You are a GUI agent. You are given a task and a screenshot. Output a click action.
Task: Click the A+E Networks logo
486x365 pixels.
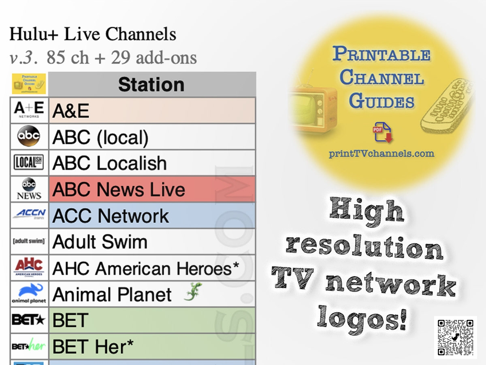click(29, 110)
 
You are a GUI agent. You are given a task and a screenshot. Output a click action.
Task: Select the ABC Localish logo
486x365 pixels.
click(29, 163)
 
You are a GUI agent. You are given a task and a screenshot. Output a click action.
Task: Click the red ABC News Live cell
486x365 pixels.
click(152, 189)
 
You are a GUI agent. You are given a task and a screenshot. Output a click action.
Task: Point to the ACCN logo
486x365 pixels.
click(29, 214)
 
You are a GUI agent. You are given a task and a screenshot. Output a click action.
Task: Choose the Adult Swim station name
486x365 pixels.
click(100, 242)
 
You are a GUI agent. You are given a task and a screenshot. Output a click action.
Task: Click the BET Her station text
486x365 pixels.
click(93, 346)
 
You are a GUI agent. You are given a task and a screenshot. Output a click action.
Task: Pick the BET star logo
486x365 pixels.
click(29, 320)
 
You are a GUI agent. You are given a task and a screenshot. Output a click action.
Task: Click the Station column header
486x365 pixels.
click(151, 85)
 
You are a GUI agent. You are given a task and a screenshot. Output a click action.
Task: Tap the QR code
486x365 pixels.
click(456, 337)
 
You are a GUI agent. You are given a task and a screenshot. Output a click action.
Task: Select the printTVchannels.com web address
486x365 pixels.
click(381, 154)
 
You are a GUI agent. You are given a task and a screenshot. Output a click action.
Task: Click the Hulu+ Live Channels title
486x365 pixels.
click(93, 34)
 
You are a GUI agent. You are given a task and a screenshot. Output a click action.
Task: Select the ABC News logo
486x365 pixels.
click(29, 189)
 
